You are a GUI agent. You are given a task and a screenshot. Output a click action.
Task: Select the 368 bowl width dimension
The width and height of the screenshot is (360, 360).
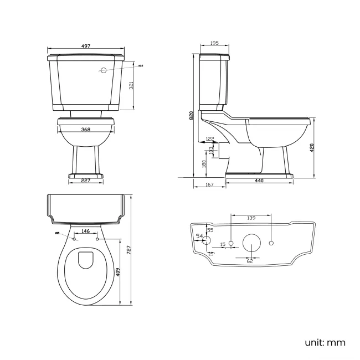tap(86, 130)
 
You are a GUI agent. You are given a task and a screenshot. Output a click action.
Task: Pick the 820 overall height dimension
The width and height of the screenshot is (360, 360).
tap(191, 115)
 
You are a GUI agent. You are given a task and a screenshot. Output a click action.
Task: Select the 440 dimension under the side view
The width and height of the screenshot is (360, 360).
tap(259, 181)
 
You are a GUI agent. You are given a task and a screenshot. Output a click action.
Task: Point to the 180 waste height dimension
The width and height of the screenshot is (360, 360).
tap(204, 164)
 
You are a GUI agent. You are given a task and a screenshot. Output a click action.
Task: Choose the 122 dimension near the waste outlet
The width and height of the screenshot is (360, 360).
tap(210, 139)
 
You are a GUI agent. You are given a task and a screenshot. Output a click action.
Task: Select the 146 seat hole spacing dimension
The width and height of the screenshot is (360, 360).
tap(86, 231)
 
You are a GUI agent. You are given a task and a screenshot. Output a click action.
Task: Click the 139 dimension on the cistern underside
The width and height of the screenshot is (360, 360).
tap(251, 219)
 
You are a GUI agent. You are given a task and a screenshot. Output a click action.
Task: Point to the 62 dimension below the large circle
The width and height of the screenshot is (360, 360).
tap(250, 261)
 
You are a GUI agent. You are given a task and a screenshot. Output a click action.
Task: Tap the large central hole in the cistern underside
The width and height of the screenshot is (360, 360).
tap(252, 244)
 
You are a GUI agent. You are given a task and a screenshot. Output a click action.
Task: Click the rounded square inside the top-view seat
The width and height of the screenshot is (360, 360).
tap(86, 260)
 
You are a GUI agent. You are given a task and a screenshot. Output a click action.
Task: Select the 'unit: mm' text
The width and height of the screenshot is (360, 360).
tap(325, 343)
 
